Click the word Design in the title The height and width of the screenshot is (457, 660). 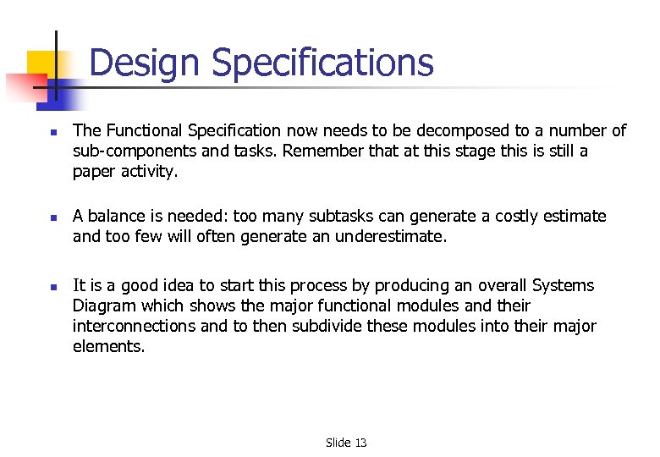(x=145, y=63)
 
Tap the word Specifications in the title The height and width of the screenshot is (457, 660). (x=322, y=63)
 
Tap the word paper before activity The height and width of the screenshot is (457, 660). (x=94, y=171)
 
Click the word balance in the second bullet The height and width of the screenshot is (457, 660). (x=115, y=216)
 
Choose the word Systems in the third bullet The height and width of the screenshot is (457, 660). (x=564, y=285)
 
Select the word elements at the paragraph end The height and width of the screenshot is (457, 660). (x=108, y=346)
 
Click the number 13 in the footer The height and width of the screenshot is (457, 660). (x=360, y=443)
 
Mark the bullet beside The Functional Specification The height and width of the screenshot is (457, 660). (x=52, y=132)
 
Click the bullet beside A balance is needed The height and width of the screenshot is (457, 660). (x=52, y=217)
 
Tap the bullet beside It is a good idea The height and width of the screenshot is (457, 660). (x=52, y=287)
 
